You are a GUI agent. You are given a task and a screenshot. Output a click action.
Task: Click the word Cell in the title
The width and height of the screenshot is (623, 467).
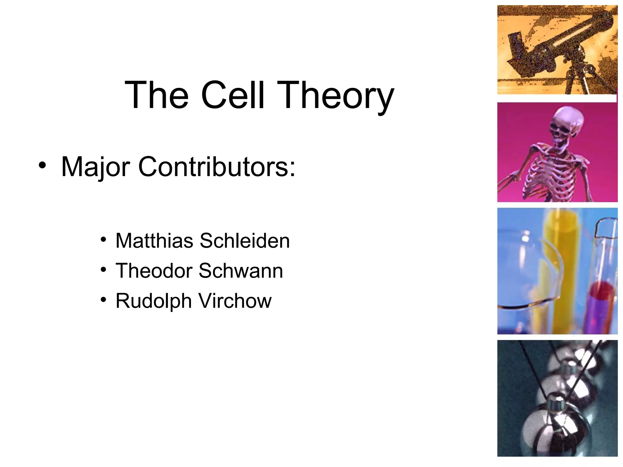pos(232,95)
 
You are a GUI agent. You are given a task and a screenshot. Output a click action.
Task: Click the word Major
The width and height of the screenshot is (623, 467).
pos(96,167)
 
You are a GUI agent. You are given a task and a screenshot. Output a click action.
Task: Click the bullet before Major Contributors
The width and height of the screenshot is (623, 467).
pos(42,165)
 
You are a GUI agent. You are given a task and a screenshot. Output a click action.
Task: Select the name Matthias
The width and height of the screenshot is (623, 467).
pos(154,241)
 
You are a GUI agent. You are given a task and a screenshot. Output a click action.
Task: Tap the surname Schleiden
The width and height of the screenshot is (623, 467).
pos(245,241)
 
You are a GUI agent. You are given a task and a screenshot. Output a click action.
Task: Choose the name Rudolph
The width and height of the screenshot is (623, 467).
pos(154,301)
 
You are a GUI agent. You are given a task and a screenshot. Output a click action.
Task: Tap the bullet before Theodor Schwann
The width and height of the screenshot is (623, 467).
pos(103,270)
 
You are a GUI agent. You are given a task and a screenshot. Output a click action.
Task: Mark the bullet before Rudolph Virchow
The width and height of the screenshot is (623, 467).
pos(103,300)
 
